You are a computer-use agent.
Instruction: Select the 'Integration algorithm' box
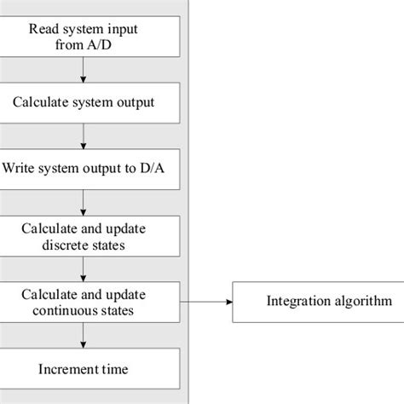click(x=317, y=301)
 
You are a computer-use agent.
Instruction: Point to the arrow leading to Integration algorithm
click(x=210, y=301)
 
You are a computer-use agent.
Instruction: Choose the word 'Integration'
click(x=295, y=301)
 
